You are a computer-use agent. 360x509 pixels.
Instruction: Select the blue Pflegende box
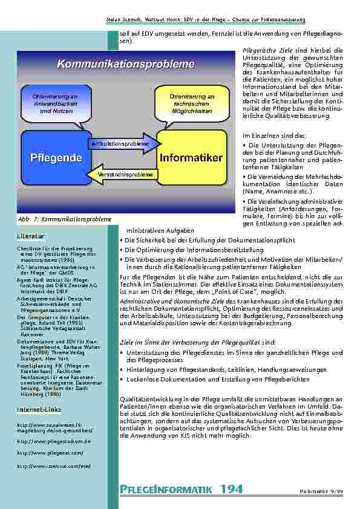coord(54,158)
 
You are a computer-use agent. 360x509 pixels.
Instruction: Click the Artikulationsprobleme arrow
coord(120,143)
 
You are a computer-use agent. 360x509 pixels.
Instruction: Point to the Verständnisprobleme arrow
coord(126,174)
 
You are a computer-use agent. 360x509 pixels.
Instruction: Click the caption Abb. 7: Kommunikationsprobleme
coord(64,218)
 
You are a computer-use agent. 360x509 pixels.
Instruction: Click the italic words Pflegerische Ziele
coord(258,51)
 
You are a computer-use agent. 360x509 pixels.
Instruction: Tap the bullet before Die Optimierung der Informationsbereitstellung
coord(122,249)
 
